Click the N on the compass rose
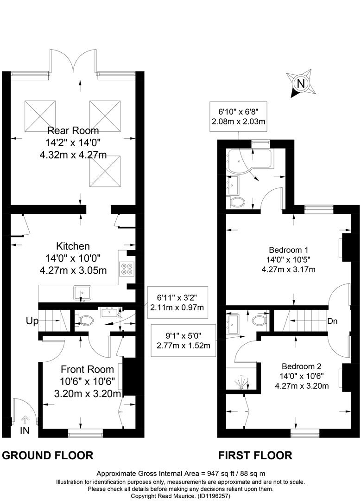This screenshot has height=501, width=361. tap(301, 83)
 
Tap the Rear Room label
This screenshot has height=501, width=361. tap(73, 130)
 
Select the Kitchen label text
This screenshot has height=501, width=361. tap(73, 246)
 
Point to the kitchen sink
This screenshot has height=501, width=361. tap(82, 293)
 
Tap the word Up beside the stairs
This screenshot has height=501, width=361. tap(32, 321)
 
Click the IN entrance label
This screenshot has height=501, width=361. tap(25, 430)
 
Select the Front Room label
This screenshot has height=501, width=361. tap(87, 369)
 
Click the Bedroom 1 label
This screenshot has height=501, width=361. tap(289, 250)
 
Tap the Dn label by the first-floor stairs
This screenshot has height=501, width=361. tap(333, 321)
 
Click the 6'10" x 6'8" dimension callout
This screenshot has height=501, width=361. tap(238, 116)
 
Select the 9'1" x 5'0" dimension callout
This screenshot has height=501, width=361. tap(183, 340)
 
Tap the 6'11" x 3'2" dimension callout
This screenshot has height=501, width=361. tap(177, 302)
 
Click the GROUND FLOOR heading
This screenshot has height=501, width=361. tap(48, 456)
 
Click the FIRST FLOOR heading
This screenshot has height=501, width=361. tap(255, 456)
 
